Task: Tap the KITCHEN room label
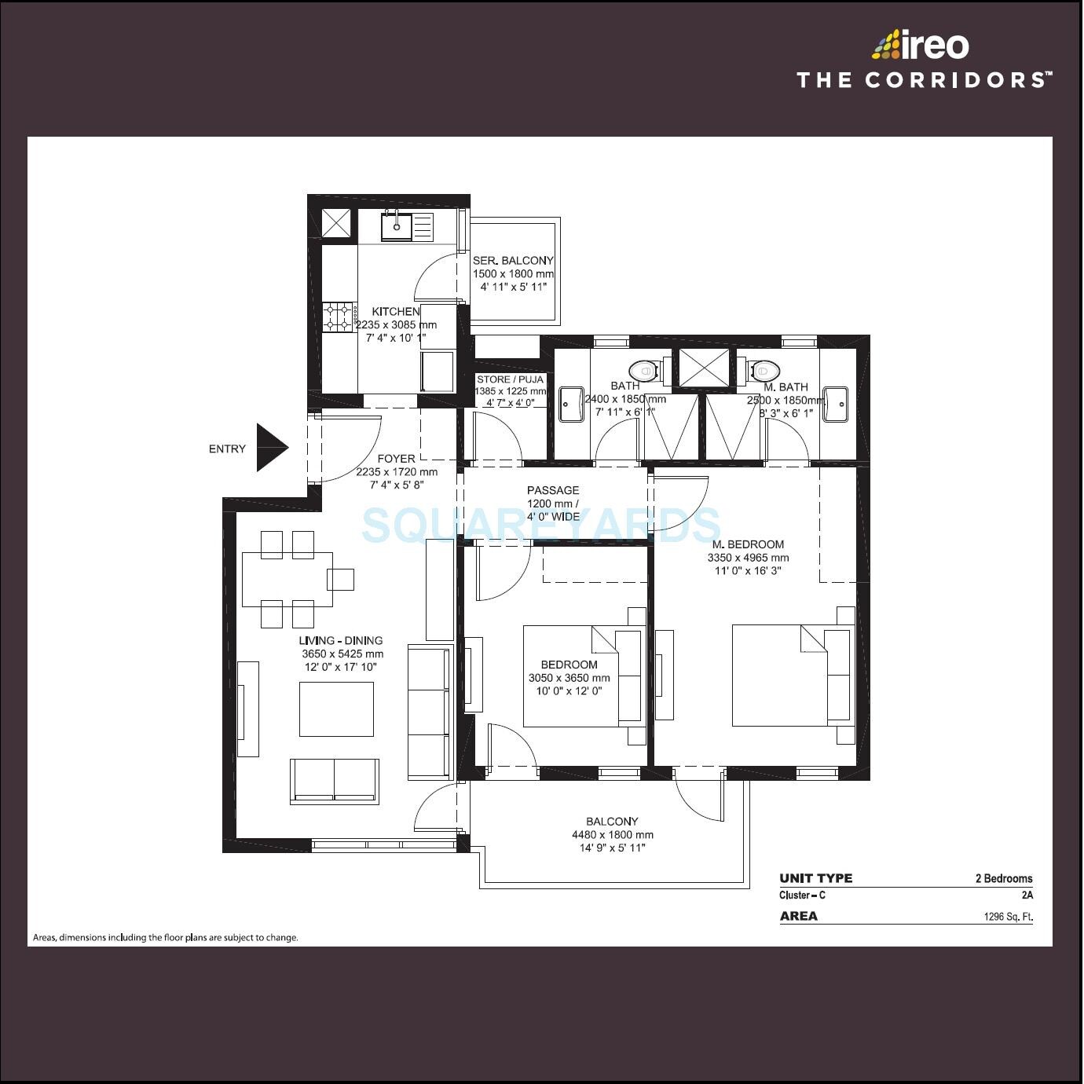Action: [x=395, y=312]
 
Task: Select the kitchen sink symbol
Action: [x=397, y=227]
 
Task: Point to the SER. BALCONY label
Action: [x=513, y=261]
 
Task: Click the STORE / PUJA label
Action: [x=510, y=379]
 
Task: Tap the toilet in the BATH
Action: [x=644, y=369]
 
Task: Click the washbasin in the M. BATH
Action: [x=835, y=404]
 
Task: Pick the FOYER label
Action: [x=396, y=459]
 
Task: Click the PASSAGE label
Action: [x=553, y=490]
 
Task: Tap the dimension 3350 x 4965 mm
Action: [x=748, y=558]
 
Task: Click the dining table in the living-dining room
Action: [x=287, y=580]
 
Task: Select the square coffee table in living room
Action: [x=336, y=709]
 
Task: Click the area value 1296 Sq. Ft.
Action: [x=1008, y=917]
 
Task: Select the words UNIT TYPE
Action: [x=815, y=878]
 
